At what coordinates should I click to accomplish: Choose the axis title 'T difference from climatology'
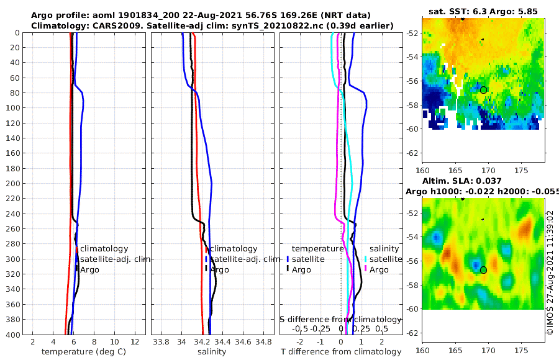point(341,352)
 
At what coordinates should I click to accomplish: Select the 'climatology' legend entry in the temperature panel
point(104,249)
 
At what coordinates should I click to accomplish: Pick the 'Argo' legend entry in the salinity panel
point(219,270)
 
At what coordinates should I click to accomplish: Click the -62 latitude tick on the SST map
point(412,153)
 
